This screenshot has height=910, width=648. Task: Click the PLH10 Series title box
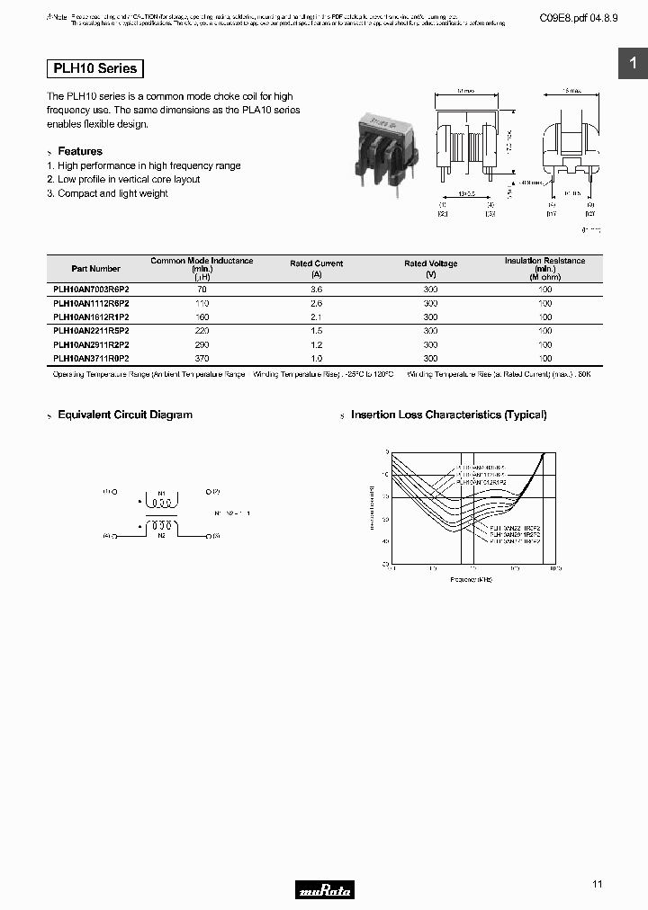coord(94,68)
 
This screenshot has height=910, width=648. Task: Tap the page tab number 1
coord(633,63)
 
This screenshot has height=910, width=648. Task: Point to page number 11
coord(598,885)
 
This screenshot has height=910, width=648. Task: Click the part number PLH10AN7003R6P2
coord(91,289)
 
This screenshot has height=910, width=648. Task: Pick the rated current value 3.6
coord(316,289)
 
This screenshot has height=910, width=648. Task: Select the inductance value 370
coord(201,359)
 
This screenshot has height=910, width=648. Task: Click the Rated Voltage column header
coord(430,263)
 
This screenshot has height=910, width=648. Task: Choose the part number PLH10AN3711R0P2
coord(91,359)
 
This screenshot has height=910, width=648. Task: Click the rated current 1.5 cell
coord(316,331)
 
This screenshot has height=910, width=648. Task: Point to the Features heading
coord(80,151)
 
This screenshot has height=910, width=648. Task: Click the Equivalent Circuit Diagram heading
coord(125,415)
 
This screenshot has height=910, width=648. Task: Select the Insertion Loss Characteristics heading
coord(448,415)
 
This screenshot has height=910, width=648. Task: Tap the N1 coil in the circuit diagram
coord(162,500)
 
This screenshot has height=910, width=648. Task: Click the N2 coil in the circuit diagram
coord(162,526)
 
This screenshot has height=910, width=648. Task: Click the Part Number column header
coord(95,268)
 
